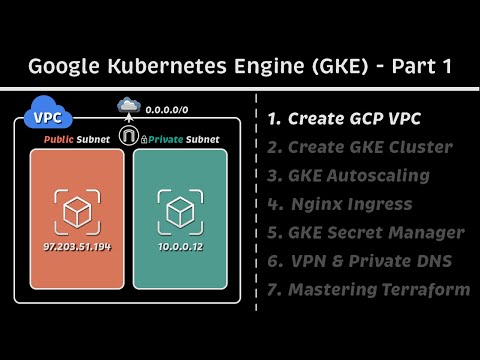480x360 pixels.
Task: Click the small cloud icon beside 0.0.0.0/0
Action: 128,105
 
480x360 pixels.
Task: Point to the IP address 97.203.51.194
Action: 77,245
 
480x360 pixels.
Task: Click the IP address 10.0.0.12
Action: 180,245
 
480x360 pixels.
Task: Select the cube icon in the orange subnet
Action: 78,210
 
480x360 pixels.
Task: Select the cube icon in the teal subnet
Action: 180,210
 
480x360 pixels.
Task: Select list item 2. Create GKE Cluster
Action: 359,147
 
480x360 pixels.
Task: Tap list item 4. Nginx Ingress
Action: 340,204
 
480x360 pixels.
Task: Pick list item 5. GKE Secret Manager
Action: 365,233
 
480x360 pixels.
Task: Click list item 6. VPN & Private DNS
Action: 360,261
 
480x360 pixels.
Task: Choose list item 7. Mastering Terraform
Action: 368,290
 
